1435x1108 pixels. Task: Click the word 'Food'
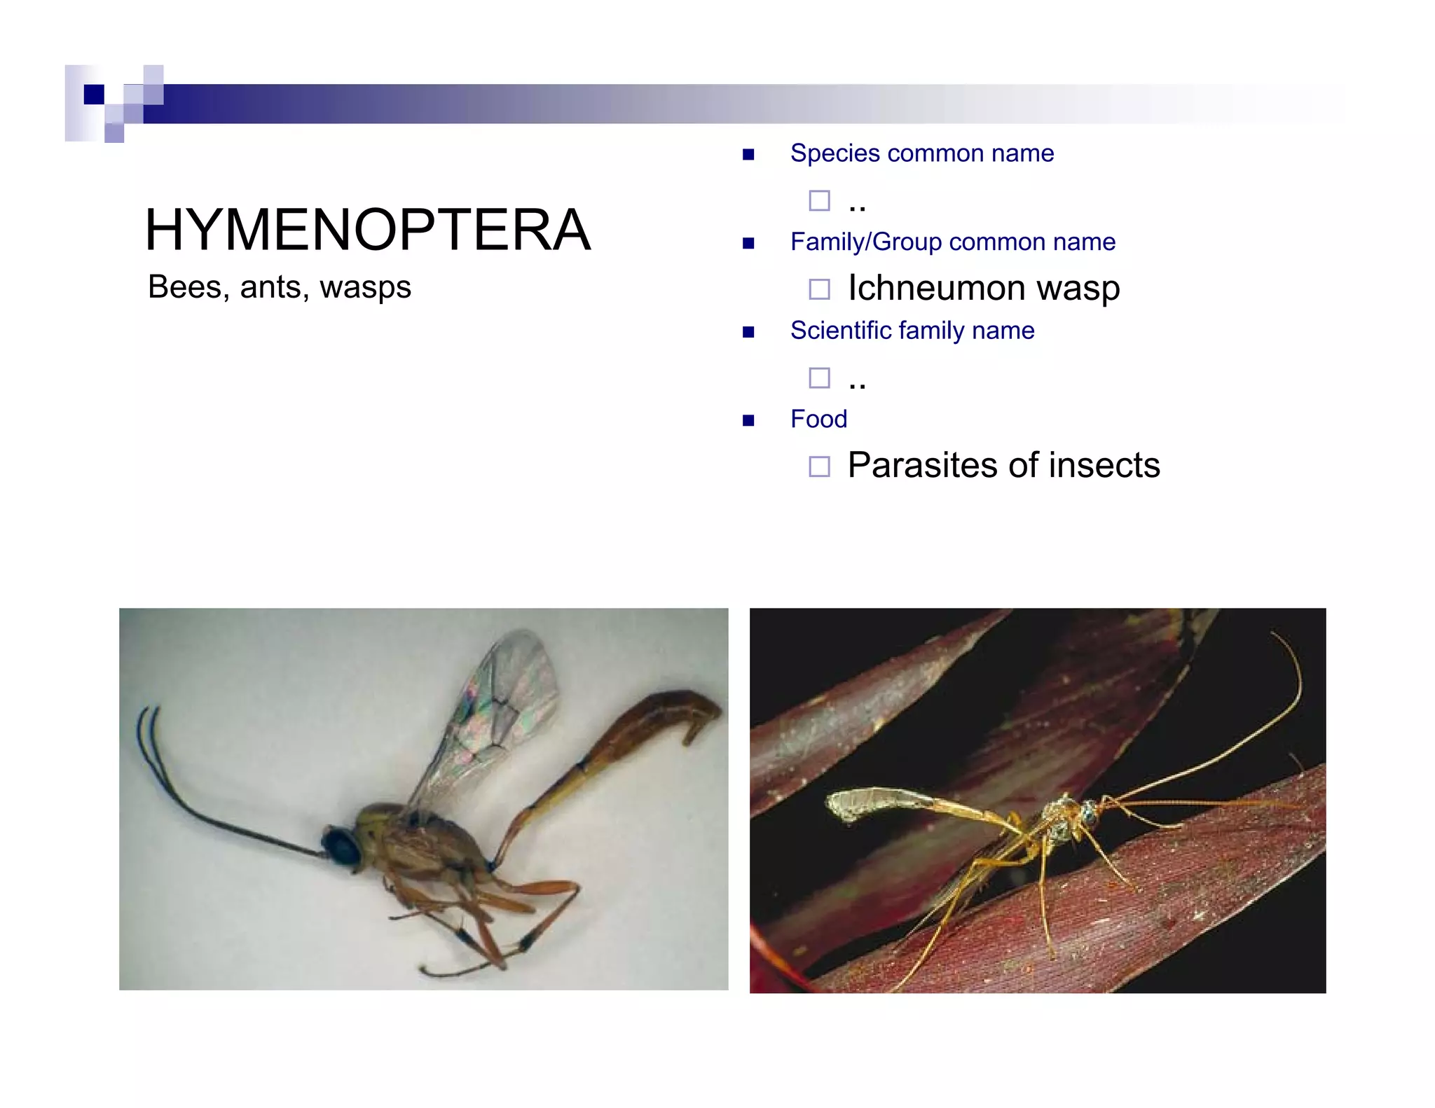[x=818, y=419]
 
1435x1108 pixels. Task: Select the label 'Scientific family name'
[x=912, y=331]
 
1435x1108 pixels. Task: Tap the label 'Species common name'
[x=921, y=153]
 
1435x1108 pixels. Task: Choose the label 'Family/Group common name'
[x=952, y=242]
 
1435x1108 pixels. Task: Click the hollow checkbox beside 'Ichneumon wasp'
[x=819, y=289]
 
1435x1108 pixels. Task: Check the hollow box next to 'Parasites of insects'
[x=819, y=466]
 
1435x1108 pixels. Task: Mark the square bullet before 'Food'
[x=748, y=420]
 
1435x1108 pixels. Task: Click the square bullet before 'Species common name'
[x=748, y=154]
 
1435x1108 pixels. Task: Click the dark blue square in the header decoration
[x=94, y=94]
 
